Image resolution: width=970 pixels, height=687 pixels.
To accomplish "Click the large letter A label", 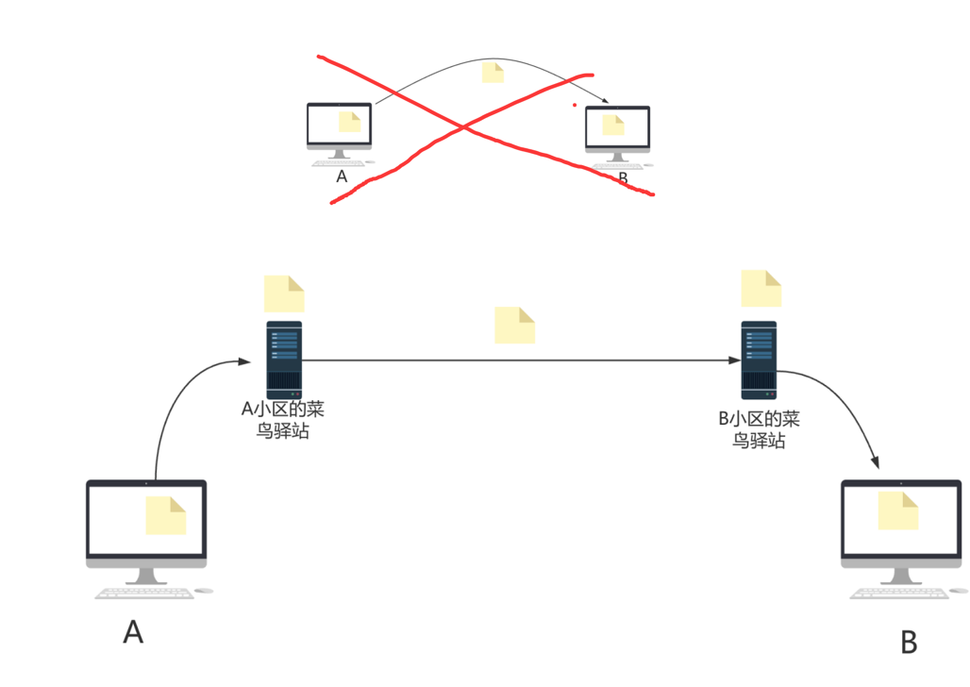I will coord(133,631).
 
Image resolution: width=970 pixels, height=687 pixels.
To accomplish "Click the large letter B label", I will coord(909,643).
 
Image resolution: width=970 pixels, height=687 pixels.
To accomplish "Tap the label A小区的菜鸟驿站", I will coord(284,419).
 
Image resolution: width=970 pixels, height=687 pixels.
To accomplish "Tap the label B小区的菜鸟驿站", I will coord(759,429).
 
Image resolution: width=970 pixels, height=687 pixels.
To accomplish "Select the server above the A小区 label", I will coord(284,360).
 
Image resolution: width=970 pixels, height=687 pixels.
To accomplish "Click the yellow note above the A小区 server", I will coord(284,293).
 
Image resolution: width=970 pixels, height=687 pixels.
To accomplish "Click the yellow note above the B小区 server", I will coord(761,288).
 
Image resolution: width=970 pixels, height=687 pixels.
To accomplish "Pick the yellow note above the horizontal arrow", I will coord(515,325).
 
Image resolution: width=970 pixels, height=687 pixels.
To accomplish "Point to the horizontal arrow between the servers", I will coord(519,360).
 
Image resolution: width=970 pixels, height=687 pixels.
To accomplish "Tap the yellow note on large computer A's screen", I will coord(166,515).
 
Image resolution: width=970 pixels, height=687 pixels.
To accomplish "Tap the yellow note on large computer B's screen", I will coord(898,511).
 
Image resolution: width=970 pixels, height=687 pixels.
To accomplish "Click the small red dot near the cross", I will coord(574,105).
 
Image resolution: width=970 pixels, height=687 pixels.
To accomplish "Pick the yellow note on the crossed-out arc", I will coord(493,73).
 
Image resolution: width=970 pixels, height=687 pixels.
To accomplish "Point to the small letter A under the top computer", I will coord(342,176).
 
